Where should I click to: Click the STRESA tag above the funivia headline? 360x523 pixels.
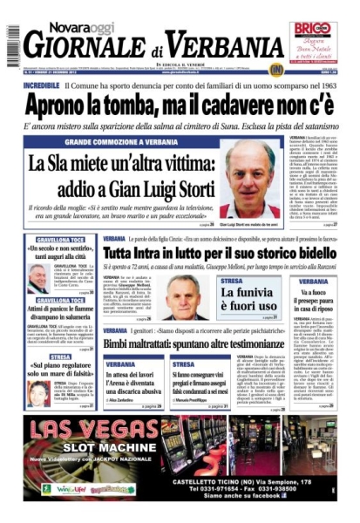point(233,282)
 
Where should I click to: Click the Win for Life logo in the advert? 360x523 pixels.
point(70,489)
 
